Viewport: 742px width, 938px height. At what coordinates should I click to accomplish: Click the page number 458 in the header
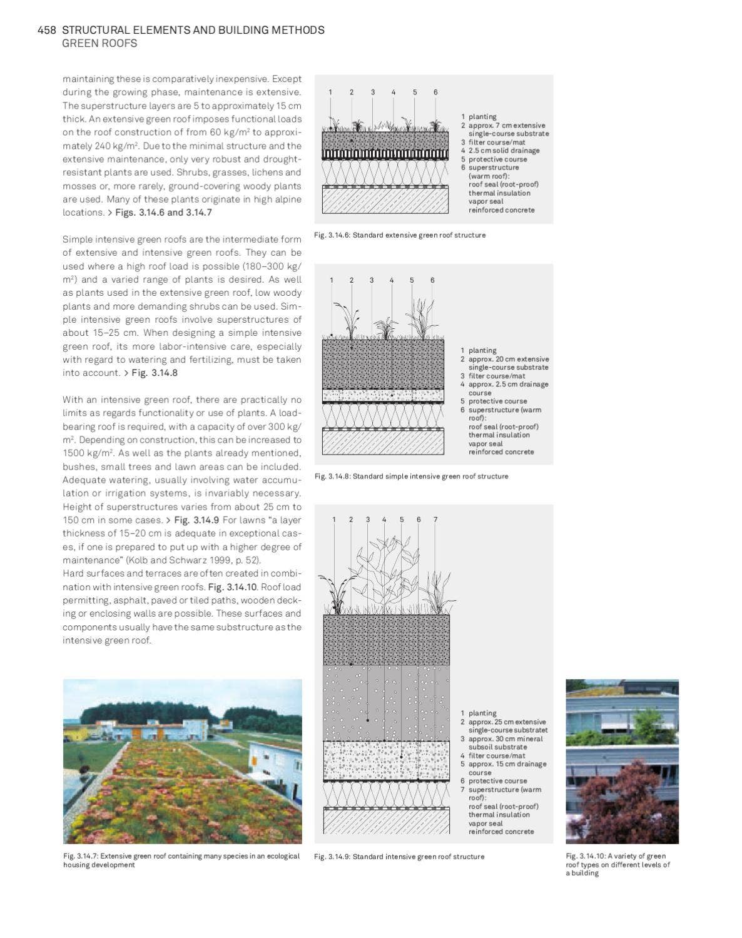click(x=47, y=30)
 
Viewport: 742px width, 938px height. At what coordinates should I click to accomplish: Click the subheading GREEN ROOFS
click(x=99, y=43)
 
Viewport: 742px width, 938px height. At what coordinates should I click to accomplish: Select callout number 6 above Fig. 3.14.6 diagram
click(x=435, y=92)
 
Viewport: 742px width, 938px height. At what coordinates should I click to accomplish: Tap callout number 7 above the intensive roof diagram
click(x=435, y=519)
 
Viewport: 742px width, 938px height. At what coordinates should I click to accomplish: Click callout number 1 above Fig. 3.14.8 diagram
click(x=332, y=280)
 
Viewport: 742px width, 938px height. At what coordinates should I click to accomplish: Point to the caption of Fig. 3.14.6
click(x=400, y=235)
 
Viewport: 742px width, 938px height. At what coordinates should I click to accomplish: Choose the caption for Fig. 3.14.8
click(x=411, y=477)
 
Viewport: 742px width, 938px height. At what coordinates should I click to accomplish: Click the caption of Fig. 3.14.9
click(x=399, y=857)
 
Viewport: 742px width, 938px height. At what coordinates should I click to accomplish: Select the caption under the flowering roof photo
click(x=181, y=860)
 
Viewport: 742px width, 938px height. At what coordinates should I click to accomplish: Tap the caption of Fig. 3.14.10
click(x=617, y=864)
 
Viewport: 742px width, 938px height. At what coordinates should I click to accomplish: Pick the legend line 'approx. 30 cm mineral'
click(x=506, y=739)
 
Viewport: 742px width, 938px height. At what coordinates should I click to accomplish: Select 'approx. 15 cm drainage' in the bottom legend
click(x=507, y=764)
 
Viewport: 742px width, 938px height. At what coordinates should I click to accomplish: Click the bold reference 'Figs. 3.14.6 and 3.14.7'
click(x=163, y=213)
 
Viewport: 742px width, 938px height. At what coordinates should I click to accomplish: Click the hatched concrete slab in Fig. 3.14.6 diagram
click(x=385, y=201)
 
